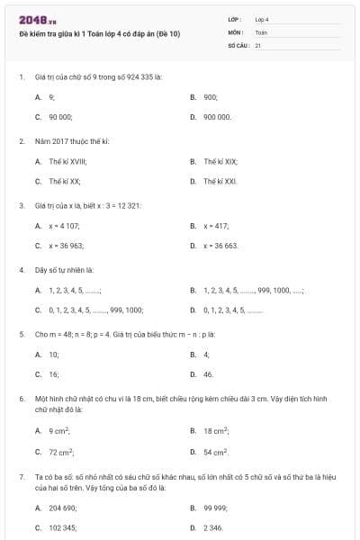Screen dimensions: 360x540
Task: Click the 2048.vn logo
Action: tap(38, 20)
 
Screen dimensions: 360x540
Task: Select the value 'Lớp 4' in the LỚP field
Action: tap(262, 19)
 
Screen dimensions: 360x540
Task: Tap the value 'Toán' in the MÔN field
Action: tap(261, 31)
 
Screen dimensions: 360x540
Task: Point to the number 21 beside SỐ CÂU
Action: tap(257, 44)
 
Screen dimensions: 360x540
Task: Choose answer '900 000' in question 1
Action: tap(217, 117)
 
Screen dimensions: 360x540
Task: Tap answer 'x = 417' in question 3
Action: tap(216, 225)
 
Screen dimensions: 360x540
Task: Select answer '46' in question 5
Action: tap(208, 373)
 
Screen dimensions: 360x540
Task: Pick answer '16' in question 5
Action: tap(54, 373)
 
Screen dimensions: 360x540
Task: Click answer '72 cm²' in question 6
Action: tap(61, 452)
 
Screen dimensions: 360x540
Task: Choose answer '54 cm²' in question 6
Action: tap(216, 452)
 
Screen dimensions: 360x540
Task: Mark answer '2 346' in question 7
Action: tap(213, 527)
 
